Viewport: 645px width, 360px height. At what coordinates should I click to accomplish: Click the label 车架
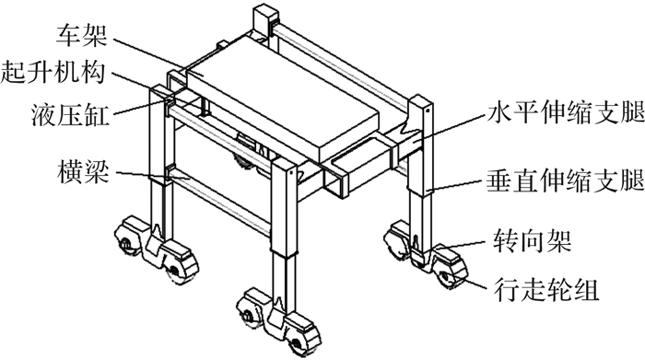(x=82, y=35)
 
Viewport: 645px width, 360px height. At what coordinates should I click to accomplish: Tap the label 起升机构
(x=53, y=73)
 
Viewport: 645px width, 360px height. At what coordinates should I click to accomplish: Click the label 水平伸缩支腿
(x=565, y=111)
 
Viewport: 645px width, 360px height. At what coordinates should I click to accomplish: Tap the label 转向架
(x=533, y=241)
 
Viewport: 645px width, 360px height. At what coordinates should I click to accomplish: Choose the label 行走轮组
(x=546, y=290)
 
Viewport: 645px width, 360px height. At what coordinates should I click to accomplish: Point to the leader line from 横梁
(x=153, y=176)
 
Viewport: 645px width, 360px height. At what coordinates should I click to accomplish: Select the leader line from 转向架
(x=464, y=245)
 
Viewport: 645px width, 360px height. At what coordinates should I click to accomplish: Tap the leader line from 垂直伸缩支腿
(x=456, y=186)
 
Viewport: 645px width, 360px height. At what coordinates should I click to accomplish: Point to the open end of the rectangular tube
(x=334, y=180)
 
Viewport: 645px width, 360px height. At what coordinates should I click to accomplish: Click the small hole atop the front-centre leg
(x=291, y=172)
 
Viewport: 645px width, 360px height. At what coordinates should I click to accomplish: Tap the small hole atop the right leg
(x=428, y=110)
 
